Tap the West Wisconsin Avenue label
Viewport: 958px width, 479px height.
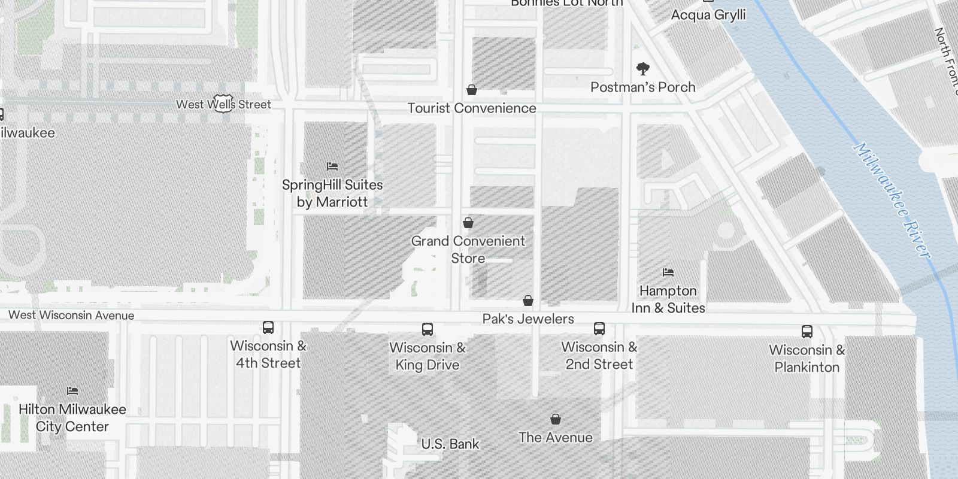click(x=71, y=315)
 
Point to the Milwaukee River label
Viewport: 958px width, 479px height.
click(x=892, y=200)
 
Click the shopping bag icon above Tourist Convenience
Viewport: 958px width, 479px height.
click(x=472, y=90)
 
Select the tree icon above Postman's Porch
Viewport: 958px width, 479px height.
click(x=643, y=69)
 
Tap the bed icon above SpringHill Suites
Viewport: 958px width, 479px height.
click(x=332, y=166)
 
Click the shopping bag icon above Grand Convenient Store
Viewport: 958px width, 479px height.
click(x=468, y=223)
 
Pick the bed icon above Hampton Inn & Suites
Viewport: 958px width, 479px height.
click(x=668, y=272)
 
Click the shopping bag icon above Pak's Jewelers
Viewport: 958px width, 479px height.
click(x=528, y=301)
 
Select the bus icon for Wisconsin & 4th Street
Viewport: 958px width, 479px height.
click(x=268, y=328)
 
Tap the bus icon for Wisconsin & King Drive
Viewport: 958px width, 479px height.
click(x=428, y=329)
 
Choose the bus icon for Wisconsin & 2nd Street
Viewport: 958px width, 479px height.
click(x=599, y=329)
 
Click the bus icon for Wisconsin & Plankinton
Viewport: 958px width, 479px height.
click(x=807, y=332)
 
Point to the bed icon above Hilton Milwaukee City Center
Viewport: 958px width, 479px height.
click(x=72, y=391)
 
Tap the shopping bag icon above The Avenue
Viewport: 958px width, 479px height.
click(x=556, y=419)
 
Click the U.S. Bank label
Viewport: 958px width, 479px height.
click(x=450, y=444)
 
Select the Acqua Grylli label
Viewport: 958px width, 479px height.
click(x=708, y=15)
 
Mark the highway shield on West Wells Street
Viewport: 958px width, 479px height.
click(x=223, y=103)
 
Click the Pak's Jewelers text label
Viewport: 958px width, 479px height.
click(x=528, y=319)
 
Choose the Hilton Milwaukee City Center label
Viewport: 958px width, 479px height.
click(x=72, y=418)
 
